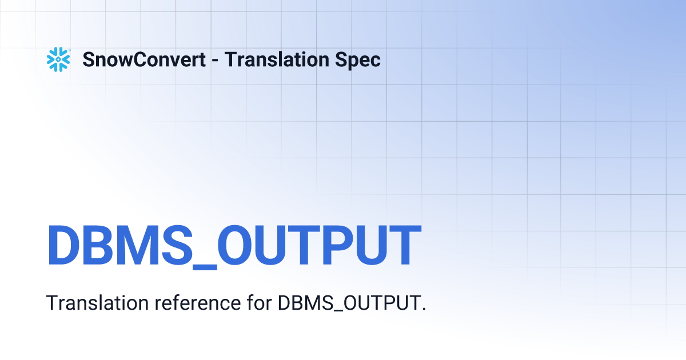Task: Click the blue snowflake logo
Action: (x=58, y=59)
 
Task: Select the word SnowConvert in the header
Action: (x=144, y=59)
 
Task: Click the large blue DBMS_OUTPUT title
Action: (x=234, y=246)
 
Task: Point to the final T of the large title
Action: (x=400, y=246)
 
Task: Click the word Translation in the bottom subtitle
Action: (x=98, y=303)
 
